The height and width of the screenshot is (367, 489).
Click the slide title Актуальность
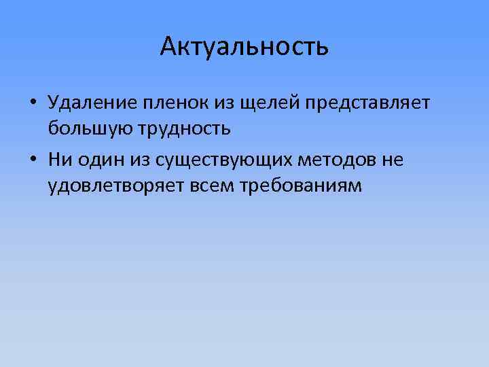tap(244, 46)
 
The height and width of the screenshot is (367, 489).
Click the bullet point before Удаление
tap(33, 103)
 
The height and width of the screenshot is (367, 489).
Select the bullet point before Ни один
tap(33, 160)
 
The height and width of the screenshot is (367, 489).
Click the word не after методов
tap(393, 160)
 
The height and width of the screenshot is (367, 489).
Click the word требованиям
tap(302, 186)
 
